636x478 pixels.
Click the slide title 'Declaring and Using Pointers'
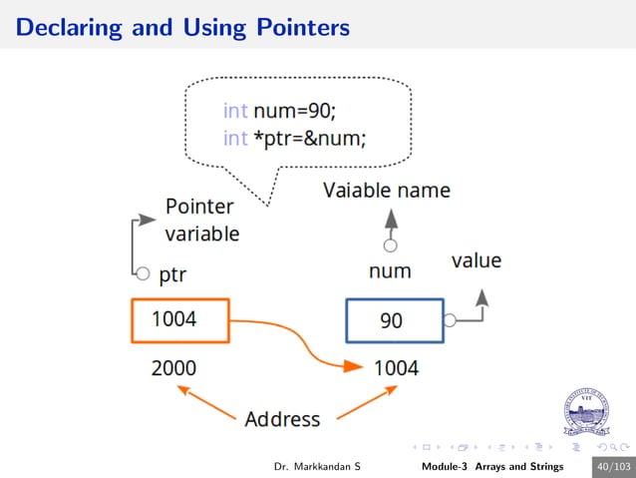[x=182, y=27]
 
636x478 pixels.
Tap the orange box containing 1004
[x=179, y=320]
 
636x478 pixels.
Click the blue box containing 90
[x=393, y=321]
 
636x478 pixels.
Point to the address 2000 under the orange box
[x=173, y=367]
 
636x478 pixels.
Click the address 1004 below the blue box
[x=396, y=367]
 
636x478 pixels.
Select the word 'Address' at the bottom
[x=282, y=418]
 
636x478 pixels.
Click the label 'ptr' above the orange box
[x=173, y=273]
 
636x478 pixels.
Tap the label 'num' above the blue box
[x=390, y=270]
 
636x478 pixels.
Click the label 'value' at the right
[x=477, y=261]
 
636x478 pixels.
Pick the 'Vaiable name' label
[x=386, y=190]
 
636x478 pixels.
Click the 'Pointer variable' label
[x=200, y=221]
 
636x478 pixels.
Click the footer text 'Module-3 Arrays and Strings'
[x=491, y=466]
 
